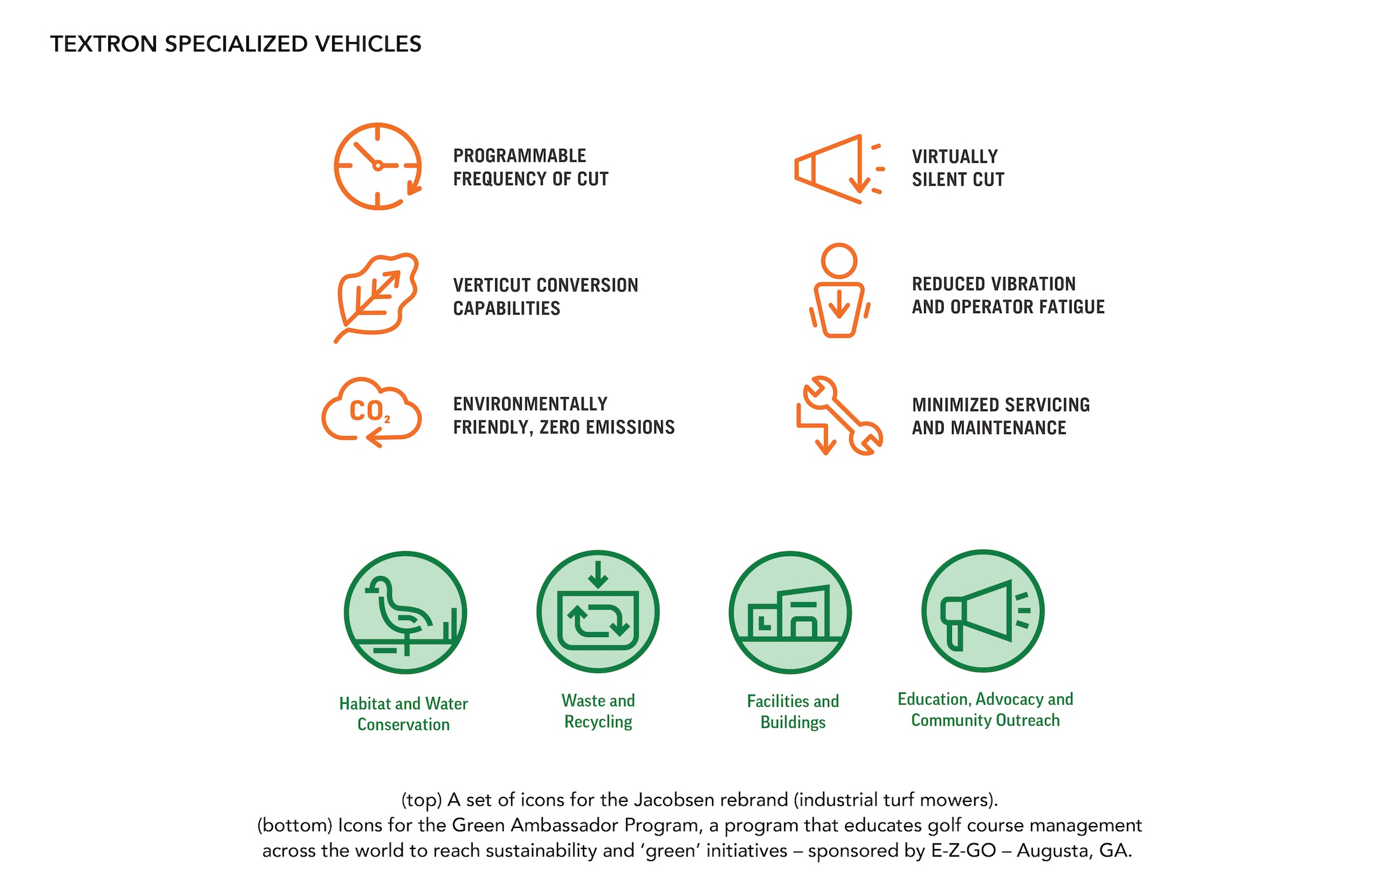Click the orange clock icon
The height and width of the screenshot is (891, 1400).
(x=378, y=166)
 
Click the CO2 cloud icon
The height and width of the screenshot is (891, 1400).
(x=372, y=412)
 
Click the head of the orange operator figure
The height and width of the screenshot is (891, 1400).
(x=839, y=260)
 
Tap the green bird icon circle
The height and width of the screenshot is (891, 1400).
(x=405, y=612)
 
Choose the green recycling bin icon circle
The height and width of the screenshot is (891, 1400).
(x=598, y=612)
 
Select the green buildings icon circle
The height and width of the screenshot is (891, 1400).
(x=790, y=612)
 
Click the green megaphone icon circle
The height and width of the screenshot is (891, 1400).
(x=983, y=611)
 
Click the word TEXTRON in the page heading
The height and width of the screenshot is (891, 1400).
(x=104, y=44)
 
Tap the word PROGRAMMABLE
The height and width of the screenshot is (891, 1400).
(x=519, y=156)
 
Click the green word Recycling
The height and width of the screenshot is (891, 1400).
(x=598, y=722)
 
